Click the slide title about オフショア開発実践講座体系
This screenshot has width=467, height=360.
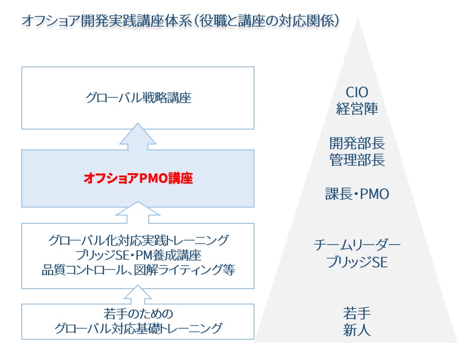180,21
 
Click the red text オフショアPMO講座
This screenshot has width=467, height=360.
138,178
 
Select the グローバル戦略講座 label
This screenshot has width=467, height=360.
138,98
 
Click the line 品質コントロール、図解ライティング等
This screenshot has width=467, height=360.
138,269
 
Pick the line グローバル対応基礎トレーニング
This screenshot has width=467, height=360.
138,329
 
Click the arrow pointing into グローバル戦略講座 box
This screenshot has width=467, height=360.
138,136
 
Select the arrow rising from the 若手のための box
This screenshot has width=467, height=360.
138,296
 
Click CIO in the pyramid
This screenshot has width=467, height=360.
357,93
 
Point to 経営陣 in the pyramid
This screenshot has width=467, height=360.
357,109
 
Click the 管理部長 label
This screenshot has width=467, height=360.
357,161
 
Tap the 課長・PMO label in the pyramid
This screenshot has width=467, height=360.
357,193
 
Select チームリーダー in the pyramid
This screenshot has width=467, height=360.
357,246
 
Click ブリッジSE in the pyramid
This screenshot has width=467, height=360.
357,263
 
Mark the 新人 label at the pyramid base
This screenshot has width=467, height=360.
357,330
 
